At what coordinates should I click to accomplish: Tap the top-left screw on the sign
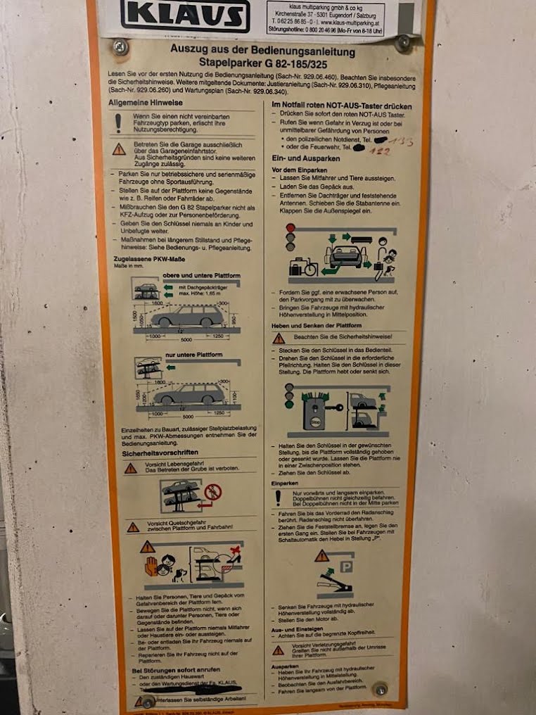pyautogui.click(x=120, y=47)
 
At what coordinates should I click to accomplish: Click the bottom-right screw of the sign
pyautogui.click(x=380, y=689)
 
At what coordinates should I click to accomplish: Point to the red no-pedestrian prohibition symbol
pyautogui.click(x=212, y=492)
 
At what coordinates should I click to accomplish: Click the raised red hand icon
pyautogui.click(x=151, y=566)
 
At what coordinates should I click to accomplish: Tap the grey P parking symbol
pyautogui.click(x=345, y=567)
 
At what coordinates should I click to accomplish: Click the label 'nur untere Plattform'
pyautogui.click(x=190, y=355)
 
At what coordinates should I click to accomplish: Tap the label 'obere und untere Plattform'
pyautogui.click(x=191, y=274)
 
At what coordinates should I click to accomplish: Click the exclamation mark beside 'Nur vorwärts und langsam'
pyautogui.click(x=278, y=498)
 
